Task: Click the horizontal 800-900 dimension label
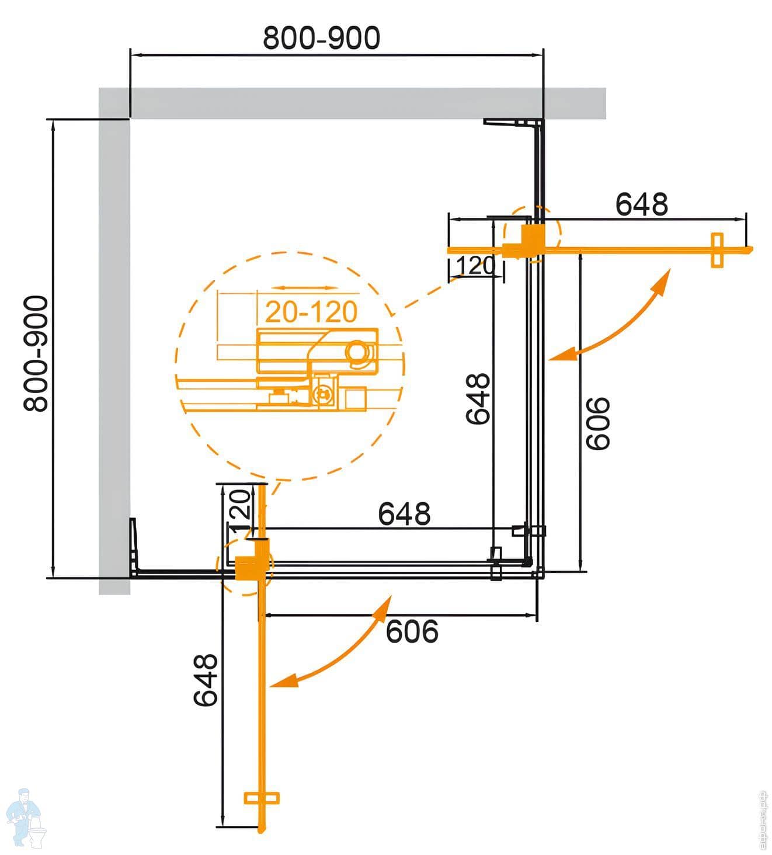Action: [321, 39]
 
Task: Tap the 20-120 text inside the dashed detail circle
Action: [311, 312]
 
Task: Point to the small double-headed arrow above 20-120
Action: [305, 288]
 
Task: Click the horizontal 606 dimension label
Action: [412, 631]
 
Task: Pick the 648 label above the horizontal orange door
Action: [641, 204]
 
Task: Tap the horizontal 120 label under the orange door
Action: [475, 266]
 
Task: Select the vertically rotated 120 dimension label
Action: [239, 509]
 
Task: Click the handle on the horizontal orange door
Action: [717, 250]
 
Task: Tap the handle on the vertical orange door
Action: [261, 798]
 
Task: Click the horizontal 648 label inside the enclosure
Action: [404, 514]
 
